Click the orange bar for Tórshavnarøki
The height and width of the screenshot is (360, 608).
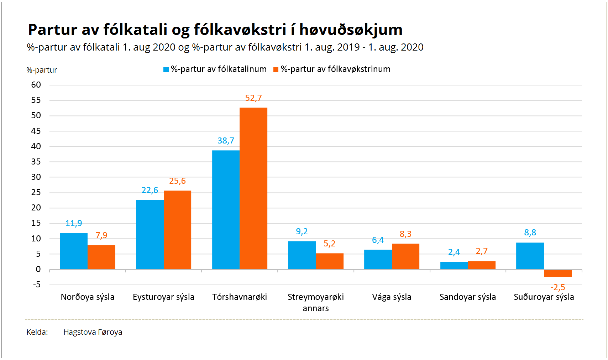click(x=253, y=188)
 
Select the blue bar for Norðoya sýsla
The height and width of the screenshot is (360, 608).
click(x=74, y=251)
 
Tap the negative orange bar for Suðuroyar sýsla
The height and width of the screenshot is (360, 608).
click(x=557, y=273)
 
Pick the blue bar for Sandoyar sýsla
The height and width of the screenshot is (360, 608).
click(x=454, y=266)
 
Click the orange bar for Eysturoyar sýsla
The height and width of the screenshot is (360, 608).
click(x=177, y=230)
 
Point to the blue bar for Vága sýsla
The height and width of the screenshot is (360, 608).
click(x=378, y=260)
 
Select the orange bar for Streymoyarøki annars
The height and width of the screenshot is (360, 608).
click(x=330, y=261)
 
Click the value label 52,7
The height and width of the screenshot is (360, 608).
click(x=253, y=98)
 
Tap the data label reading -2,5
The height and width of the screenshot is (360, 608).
click(x=557, y=287)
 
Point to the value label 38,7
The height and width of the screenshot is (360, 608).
click(x=226, y=140)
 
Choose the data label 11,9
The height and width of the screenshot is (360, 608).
click(x=74, y=223)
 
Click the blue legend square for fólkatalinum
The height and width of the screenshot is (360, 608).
click(x=166, y=69)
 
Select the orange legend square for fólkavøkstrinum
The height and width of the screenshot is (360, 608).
click(x=276, y=69)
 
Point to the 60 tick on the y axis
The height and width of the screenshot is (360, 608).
click(x=36, y=85)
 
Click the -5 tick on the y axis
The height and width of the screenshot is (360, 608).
click(x=37, y=285)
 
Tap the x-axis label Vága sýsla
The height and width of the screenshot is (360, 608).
click(x=392, y=297)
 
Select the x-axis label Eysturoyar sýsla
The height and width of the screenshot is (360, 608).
click(x=163, y=297)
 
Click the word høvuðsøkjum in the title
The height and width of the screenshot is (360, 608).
click(x=351, y=29)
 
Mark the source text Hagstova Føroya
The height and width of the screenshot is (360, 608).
click(x=93, y=332)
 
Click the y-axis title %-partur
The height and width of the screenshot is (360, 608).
click(x=42, y=70)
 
